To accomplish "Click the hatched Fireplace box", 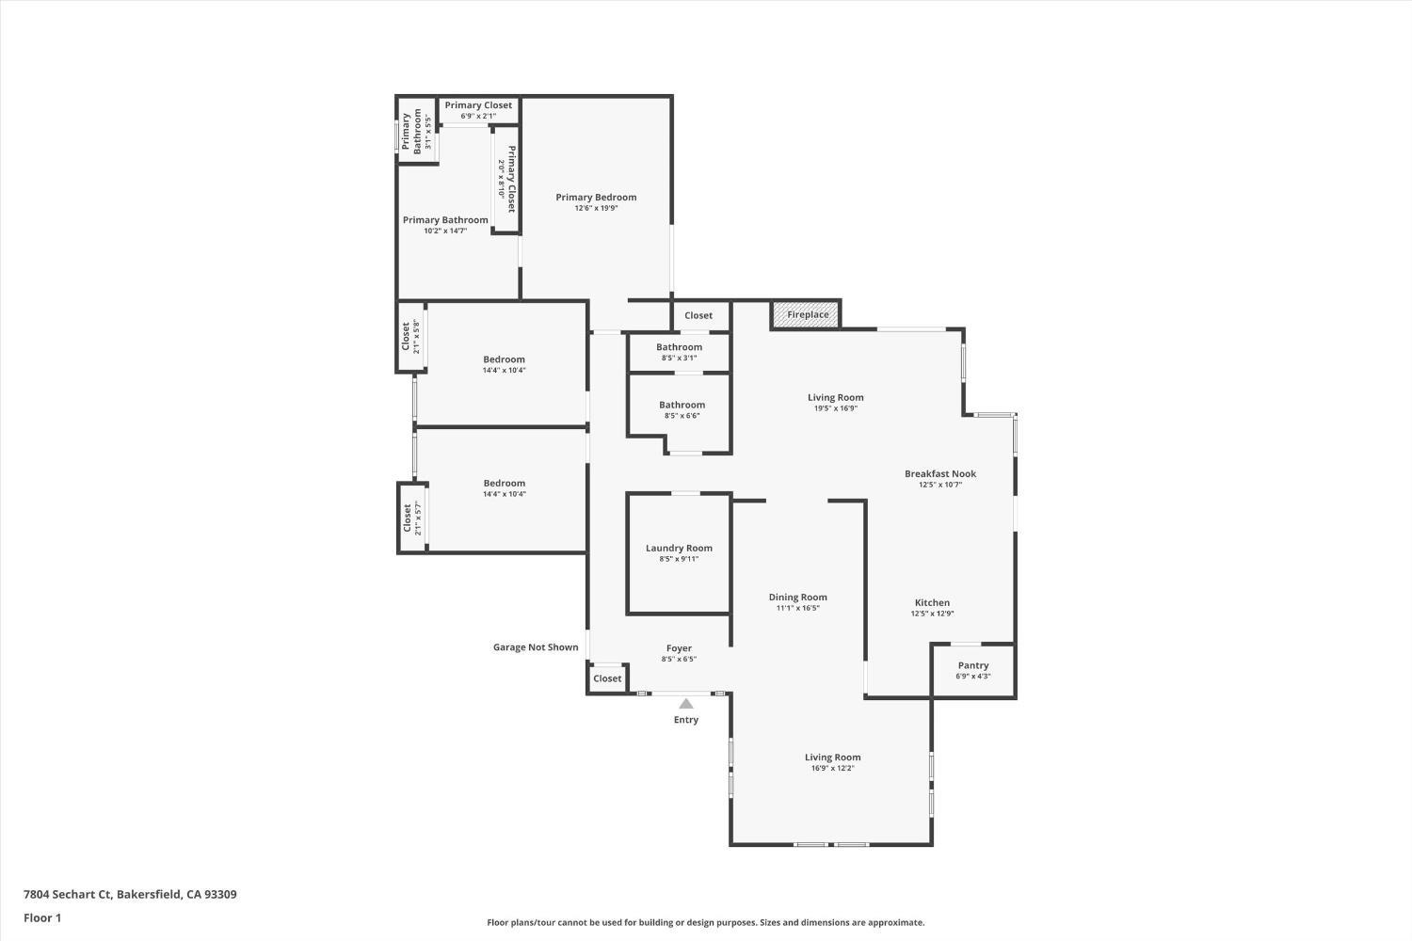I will coord(807,314).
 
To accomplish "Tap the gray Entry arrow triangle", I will coord(686,704).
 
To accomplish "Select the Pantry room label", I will coord(973,665).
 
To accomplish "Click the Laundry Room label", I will coord(679,548).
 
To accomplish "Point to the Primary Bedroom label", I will coord(596,197).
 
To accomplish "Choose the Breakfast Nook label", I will coord(940,473).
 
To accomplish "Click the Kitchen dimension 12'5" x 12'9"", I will coord(932,614).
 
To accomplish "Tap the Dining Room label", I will coord(797,597).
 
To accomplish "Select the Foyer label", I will coord(679,647).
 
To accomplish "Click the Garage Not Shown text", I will coord(536,646).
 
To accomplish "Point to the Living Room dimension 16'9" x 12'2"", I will coord(832,768).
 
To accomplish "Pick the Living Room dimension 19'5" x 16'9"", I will coord(835,408).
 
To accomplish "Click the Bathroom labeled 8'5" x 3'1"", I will coord(679,347).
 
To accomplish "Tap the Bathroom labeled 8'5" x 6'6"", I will coord(682,405).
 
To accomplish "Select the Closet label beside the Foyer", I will coord(607,678).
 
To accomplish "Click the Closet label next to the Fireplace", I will coord(698,315).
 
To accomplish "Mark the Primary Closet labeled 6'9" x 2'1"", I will coord(478,105).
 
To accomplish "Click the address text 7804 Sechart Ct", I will coord(130,894).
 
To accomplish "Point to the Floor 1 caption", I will coord(42,917).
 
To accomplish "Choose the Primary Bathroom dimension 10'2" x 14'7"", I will coord(445,231).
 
